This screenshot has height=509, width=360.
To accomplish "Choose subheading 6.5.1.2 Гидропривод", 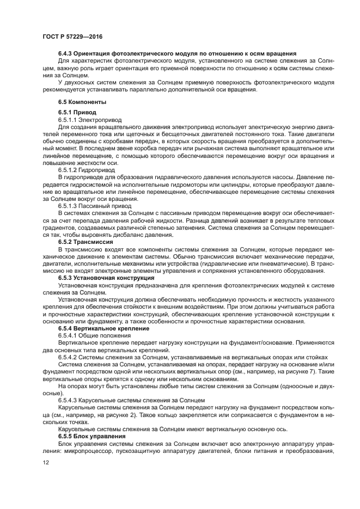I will pos(86,170).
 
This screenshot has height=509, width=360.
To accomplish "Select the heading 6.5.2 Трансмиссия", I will pos(86,241).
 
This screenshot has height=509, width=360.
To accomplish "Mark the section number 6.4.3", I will pos(65,54).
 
